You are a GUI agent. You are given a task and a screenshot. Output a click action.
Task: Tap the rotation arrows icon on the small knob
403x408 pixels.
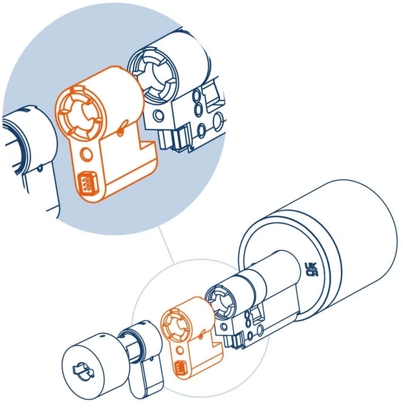[x=83, y=371]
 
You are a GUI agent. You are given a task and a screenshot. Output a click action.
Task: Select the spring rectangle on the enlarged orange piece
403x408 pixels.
[x=87, y=184]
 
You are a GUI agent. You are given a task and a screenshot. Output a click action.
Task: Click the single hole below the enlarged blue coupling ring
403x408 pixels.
[x=158, y=115]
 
